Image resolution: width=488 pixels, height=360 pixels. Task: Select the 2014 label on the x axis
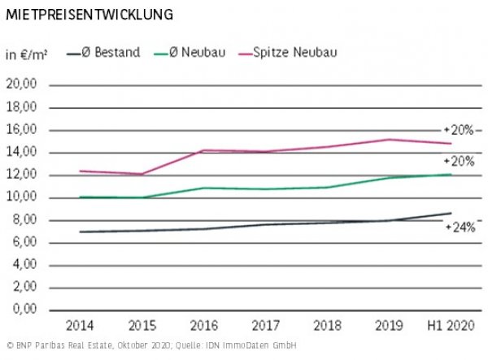coord(79,326)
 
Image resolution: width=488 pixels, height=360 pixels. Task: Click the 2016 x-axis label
coord(203,326)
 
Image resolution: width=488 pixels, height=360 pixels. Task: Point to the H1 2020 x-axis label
coord(450,326)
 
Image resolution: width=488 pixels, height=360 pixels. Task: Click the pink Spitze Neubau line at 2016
coord(203,150)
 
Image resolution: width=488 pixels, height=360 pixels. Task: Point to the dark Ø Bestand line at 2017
coord(265,224)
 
